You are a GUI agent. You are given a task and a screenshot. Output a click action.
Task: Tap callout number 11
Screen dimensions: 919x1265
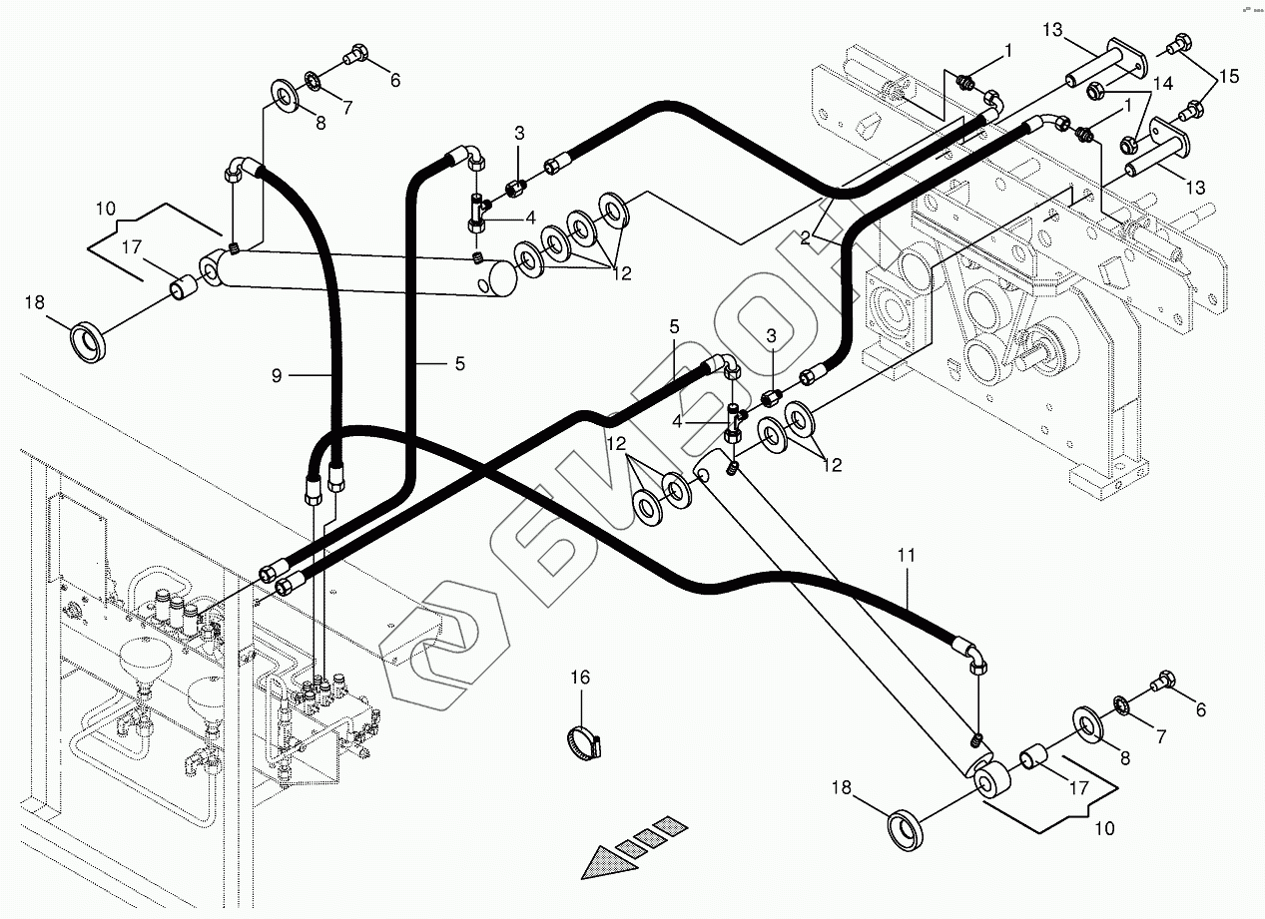point(906,555)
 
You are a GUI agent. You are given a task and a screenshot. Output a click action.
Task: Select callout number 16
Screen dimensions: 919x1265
point(581,679)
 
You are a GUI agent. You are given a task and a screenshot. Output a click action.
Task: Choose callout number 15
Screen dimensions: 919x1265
point(1227,76)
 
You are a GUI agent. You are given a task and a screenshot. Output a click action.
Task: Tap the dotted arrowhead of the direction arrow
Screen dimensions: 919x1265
point(604,859)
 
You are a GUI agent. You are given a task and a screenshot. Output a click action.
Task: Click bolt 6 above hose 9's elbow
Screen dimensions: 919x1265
point(355,57)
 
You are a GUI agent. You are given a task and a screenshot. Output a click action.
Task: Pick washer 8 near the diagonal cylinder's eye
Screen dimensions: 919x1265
point(1090,723)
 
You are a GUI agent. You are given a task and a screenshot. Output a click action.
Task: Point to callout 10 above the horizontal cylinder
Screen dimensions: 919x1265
point(107,209)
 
